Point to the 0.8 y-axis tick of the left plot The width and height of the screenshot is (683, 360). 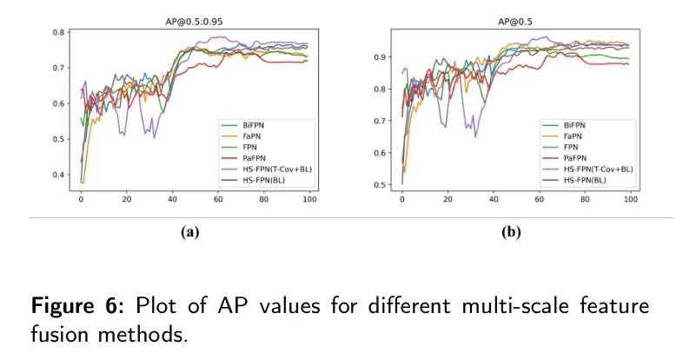(x=58, y=32)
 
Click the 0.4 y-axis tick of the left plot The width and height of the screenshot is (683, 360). (x=58, y=175)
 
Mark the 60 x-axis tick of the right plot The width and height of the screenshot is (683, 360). (x=540, y=201)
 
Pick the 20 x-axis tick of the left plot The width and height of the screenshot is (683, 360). (x=127, y=201)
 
